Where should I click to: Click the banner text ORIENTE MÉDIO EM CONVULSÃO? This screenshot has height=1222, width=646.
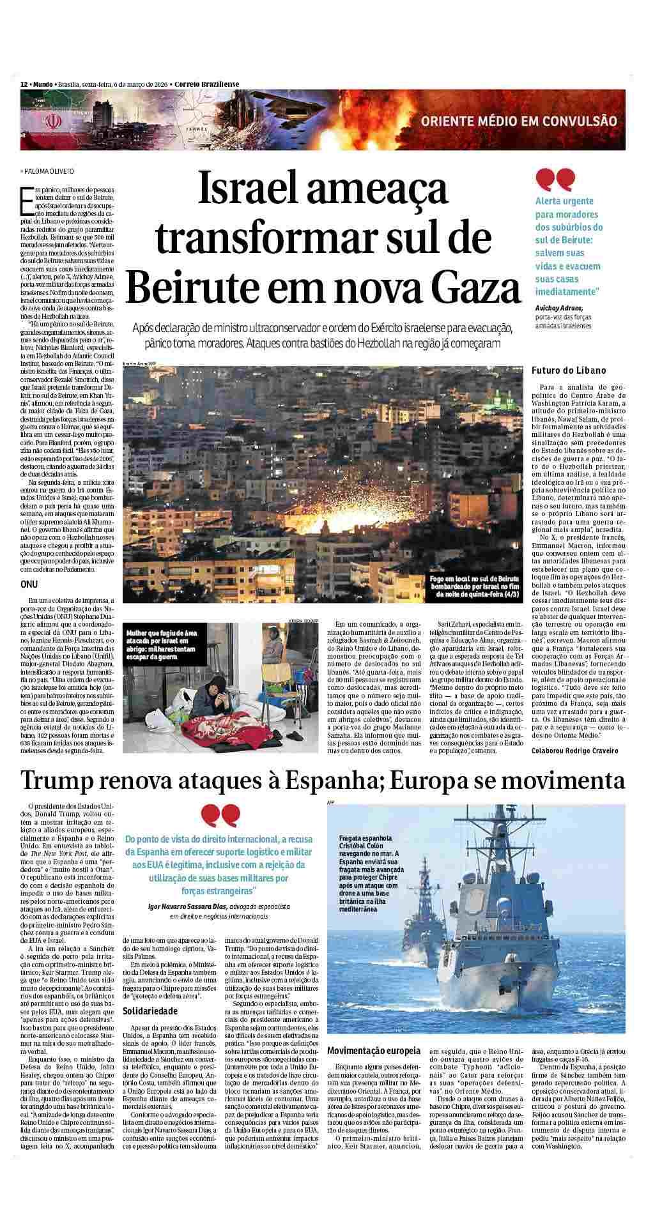tap(518, 121)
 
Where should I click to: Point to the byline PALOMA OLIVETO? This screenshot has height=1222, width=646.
tap(49, 171)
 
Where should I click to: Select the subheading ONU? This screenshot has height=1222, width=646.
tap(29, 584)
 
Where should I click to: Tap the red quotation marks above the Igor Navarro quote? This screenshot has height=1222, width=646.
tap(221, 816)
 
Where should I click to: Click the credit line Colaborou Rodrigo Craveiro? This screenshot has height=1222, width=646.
tap(574, 751)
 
